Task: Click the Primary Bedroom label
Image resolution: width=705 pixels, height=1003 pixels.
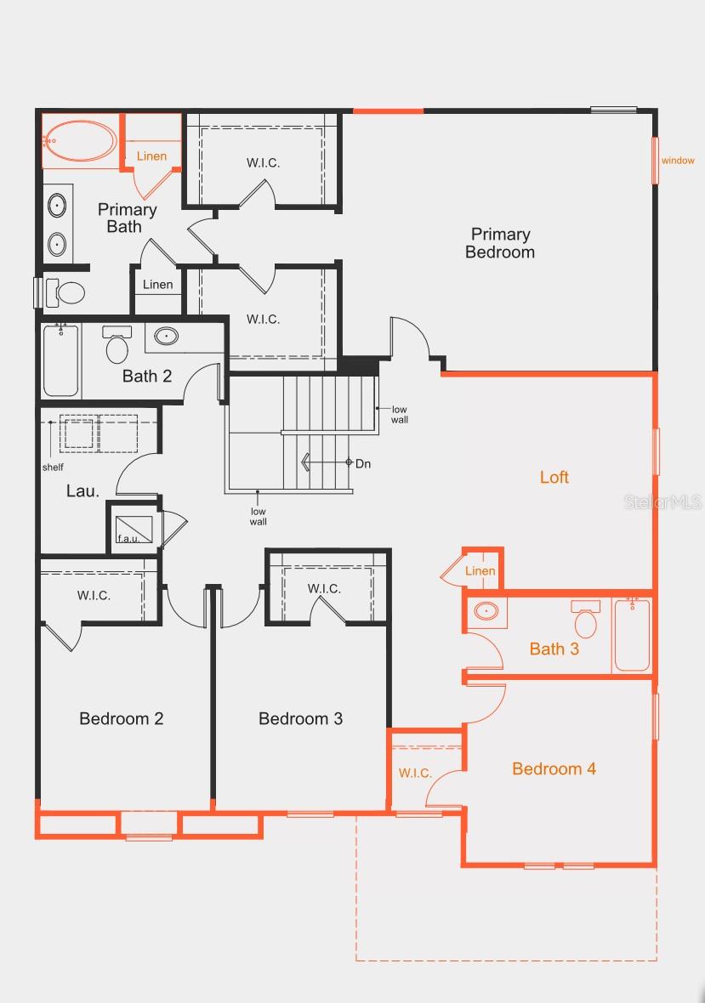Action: click(500, 243)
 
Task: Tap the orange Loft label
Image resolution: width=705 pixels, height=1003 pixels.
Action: click(554, 477)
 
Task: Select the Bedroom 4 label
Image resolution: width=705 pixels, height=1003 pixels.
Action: click(554, 768)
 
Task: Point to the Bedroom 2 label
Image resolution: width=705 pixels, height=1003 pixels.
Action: click(121, 718)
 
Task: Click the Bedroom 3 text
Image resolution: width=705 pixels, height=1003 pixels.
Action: click(300, 718)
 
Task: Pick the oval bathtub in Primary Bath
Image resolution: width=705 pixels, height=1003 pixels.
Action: click(80, 140)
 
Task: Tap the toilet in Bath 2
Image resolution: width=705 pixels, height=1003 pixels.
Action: click(117, 345)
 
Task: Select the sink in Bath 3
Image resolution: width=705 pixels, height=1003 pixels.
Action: click(486, 610)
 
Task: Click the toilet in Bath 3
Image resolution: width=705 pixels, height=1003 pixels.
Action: click(585, 621)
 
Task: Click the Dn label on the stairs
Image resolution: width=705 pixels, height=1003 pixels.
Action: click(363, 463)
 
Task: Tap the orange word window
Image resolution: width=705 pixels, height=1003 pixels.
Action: click(678, 161)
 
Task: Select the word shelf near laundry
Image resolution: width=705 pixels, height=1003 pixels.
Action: click(53, 467)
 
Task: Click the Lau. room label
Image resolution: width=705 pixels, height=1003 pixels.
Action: click(83, 491)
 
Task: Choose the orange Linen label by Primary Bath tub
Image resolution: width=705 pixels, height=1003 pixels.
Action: click(151, 156)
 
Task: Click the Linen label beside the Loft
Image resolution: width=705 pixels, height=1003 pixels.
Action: click(480, 570)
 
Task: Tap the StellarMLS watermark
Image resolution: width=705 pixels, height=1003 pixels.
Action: click(663, 501)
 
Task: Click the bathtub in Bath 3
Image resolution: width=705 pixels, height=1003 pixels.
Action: click(632, 634)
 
